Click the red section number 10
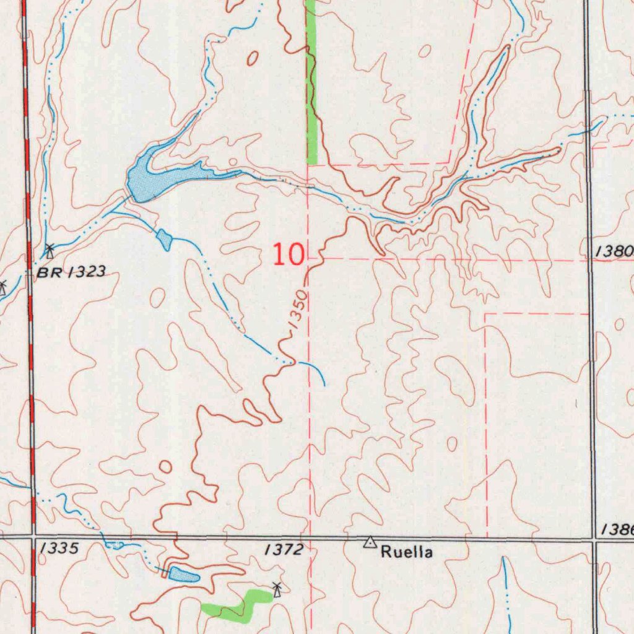[289, 254]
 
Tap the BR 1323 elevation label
[71, 272]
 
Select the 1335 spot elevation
[59, 549]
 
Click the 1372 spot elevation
[284, 549]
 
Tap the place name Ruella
[406, 552]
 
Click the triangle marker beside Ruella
[370, 543]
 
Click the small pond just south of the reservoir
[165, 239]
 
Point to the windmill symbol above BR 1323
[50, 251]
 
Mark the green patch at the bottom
[235, 606]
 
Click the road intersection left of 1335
[33, 536]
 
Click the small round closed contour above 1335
[165, 467]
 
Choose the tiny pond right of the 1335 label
[115, 545]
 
